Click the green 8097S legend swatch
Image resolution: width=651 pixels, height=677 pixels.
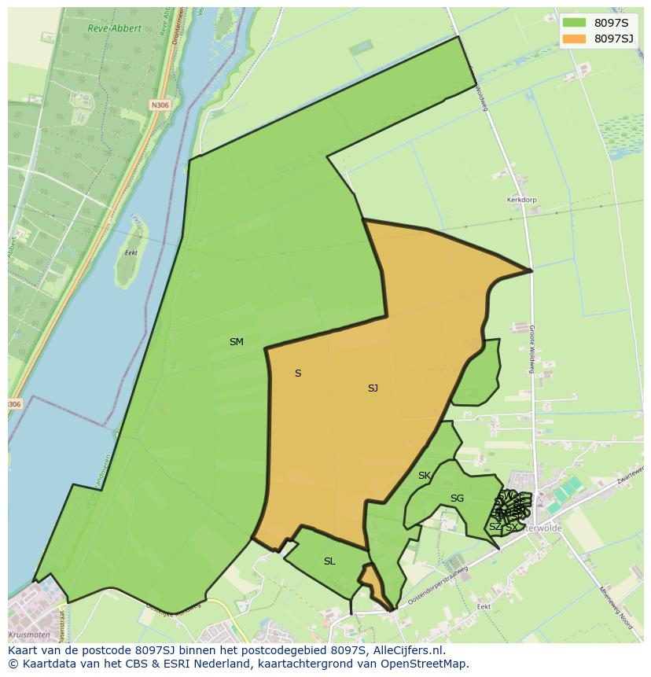point(574,22)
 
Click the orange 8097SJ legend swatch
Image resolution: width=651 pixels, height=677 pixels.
point(574,39)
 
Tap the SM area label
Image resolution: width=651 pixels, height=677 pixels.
point(236,342)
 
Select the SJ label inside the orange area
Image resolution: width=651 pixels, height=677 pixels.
point(373,388)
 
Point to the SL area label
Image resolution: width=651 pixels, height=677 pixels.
point(329,561)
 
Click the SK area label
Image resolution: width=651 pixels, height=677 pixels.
point(425,476)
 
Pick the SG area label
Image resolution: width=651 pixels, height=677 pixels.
point(457,499)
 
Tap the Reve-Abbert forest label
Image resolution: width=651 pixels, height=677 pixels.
point(115,28)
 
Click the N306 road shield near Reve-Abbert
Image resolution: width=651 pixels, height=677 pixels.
point(160,105)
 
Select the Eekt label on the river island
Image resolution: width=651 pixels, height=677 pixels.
point(131,253)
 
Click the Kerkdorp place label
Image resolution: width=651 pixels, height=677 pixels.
point(521,201)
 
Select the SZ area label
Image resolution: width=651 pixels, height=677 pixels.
point(495,527)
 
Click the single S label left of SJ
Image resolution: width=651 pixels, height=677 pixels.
point(298,373)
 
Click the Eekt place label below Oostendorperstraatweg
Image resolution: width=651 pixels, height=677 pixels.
point(484,607)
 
